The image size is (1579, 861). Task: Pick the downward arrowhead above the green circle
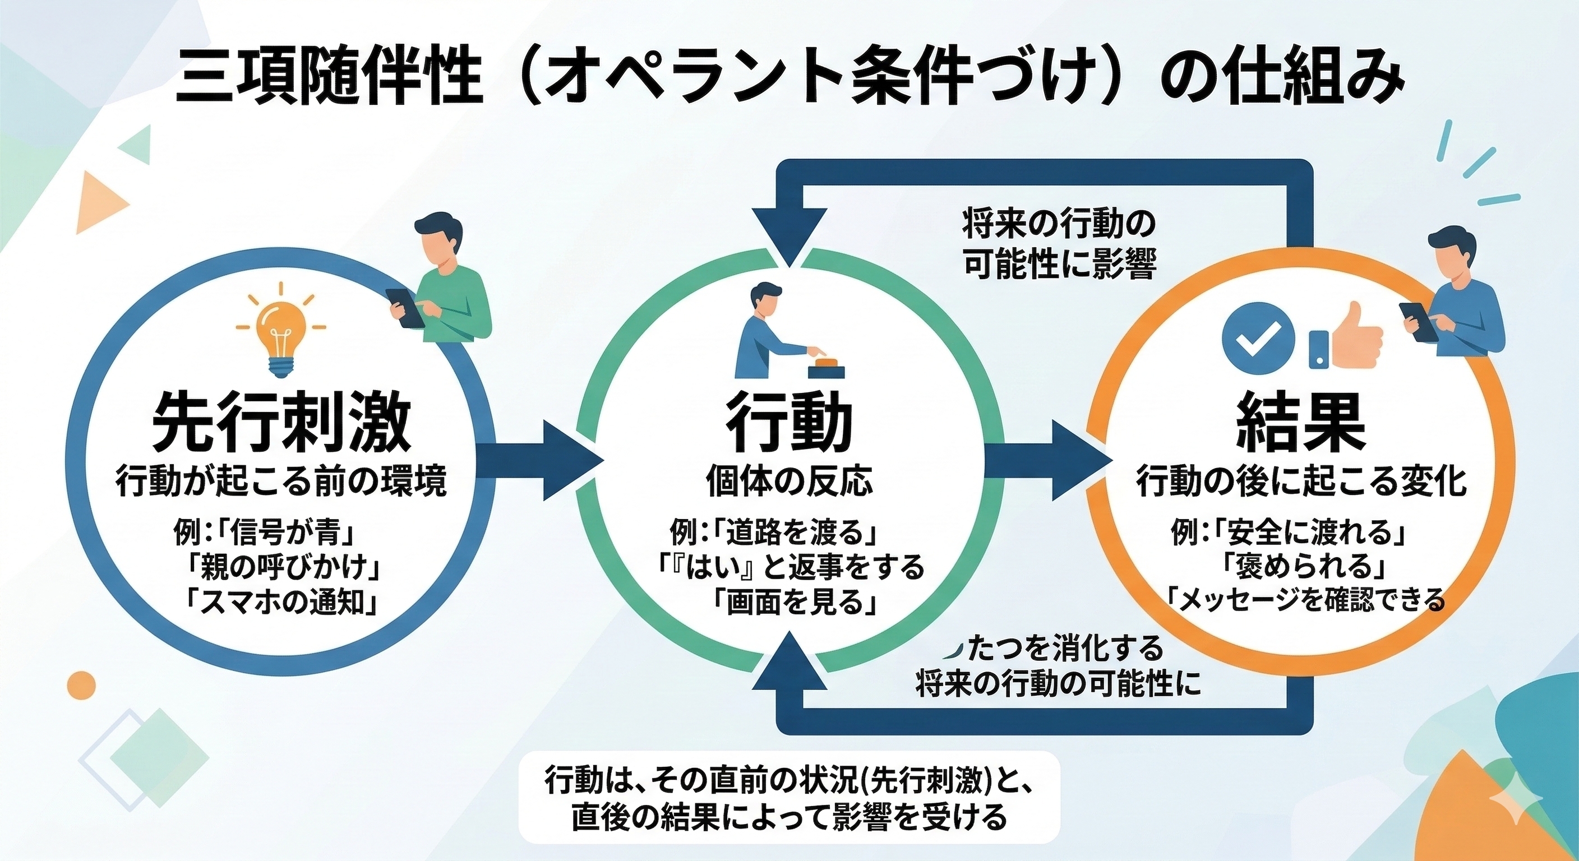[789, 236]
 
